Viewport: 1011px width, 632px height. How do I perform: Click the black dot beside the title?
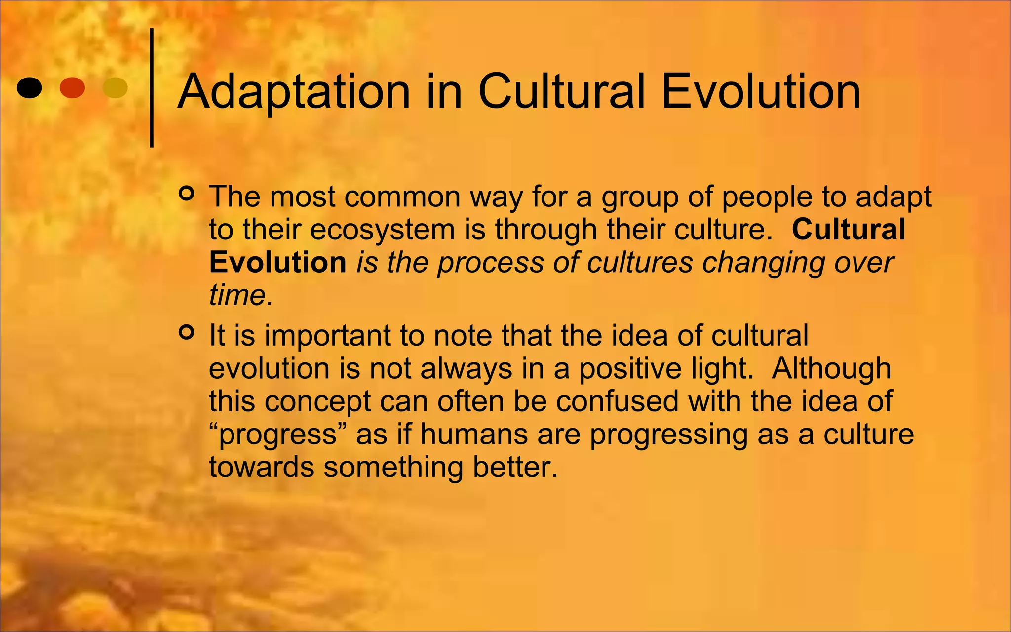coord(29,88)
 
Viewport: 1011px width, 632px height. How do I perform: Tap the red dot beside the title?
coord(72,88)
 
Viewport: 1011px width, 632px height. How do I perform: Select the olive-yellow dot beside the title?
coord(115,88)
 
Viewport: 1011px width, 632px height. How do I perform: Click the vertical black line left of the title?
coord(152,88)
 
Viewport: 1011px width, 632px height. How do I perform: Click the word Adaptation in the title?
coord(294,92)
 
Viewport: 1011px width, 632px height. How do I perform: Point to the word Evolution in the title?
coord(760,92)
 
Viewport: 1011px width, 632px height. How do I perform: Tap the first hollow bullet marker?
coord(187,194)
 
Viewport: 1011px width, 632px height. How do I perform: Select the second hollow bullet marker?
coord(187,333)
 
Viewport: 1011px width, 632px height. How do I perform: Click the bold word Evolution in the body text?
coord(277,262)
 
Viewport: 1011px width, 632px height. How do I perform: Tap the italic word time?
coord(240,295)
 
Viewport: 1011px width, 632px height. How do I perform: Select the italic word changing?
coord(763,263)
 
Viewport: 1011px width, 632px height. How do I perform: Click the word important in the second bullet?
coord(327,336)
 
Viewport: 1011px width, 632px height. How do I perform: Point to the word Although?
coord(831,368)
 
